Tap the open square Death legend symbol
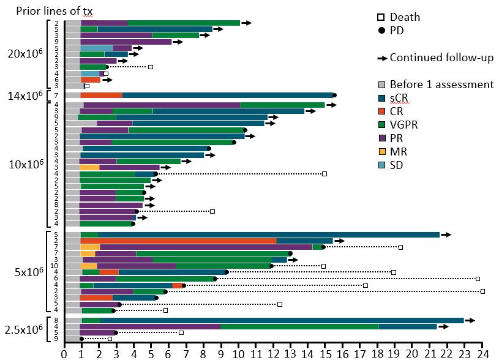[x=381, y=18]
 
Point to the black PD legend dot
[x=381, y=30]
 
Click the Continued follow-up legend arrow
[x=381, y=58]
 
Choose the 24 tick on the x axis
[x=482, y=353]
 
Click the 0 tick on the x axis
[x=64, y=353]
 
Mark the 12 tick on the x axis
[x=272, y=353]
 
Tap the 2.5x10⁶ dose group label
[x=24, y=329]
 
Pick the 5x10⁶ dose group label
[x=28, y=271]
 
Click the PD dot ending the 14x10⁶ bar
[x=334, y=95]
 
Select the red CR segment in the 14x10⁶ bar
[x=102, y=95]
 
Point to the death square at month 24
[x=482, y=291]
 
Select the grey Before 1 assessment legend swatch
[x=381, y=84]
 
